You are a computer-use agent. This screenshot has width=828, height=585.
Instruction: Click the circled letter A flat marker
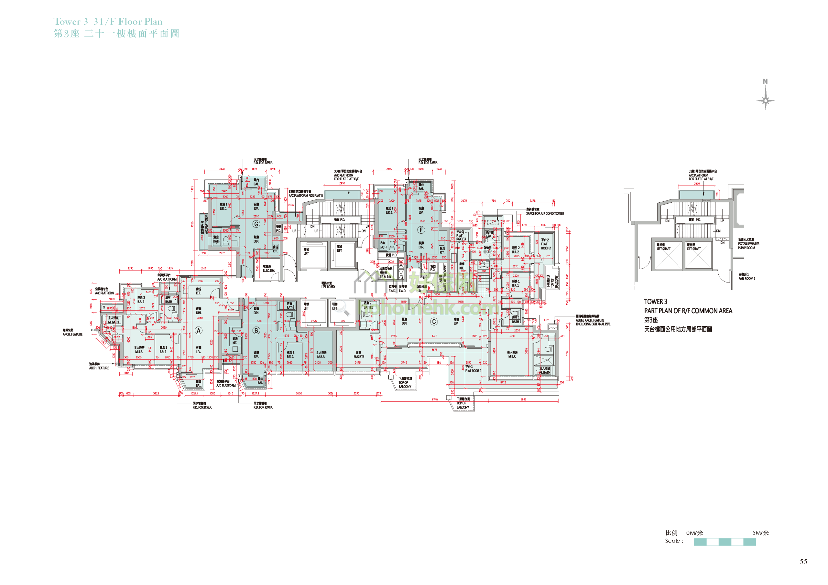point(198,331)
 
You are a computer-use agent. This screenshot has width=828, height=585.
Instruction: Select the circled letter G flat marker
point(256,224)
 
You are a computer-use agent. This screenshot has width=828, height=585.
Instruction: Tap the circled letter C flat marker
point(434,322)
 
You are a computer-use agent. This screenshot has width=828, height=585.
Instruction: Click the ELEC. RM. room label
point(268,269)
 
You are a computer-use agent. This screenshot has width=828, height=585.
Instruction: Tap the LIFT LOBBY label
point(328,285)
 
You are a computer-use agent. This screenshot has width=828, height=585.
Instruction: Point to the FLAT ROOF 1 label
point(473,369)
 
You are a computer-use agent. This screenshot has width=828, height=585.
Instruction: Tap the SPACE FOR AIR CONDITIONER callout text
point(545,212)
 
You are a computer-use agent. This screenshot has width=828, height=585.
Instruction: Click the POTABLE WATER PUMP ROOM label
point(748,244)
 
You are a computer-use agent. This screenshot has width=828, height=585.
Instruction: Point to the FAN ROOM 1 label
point(746,276)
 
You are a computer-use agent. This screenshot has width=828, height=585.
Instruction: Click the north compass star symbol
point(765,100)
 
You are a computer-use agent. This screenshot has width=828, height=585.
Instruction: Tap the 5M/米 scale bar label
point(760,533)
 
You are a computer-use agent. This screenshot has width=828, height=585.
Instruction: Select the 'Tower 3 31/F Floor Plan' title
point(108,22)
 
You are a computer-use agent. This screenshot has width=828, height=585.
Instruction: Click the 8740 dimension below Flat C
point(435,400)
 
